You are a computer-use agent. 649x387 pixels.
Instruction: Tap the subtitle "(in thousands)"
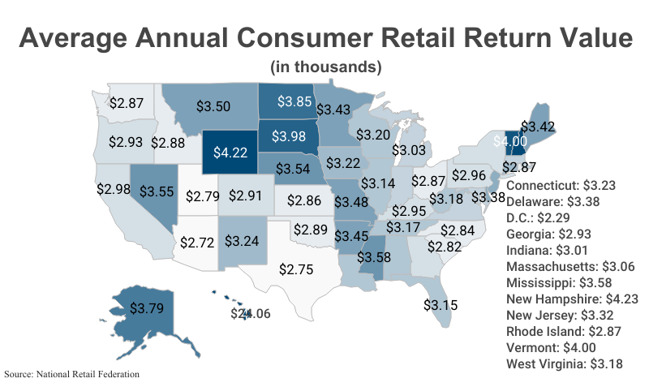[325, 66]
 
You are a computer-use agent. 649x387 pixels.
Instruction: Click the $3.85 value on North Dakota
[294, 102]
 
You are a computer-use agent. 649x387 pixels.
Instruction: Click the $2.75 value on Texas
[296, 269]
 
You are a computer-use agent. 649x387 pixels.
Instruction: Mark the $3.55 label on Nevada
[156, 191]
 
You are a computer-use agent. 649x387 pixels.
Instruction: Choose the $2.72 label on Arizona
[196, 242]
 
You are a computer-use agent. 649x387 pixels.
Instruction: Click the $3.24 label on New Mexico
[242, 241]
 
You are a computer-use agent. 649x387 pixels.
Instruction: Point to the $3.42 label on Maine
[537, 127]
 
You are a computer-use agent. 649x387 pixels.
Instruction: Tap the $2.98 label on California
[113, 188]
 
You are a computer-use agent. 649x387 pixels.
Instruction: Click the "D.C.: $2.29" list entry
[541, 217]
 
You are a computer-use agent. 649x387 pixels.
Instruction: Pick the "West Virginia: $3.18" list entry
[565, 363]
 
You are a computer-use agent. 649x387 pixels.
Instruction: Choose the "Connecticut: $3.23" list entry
[559, 185]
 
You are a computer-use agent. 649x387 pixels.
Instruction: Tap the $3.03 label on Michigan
[409, 151]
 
